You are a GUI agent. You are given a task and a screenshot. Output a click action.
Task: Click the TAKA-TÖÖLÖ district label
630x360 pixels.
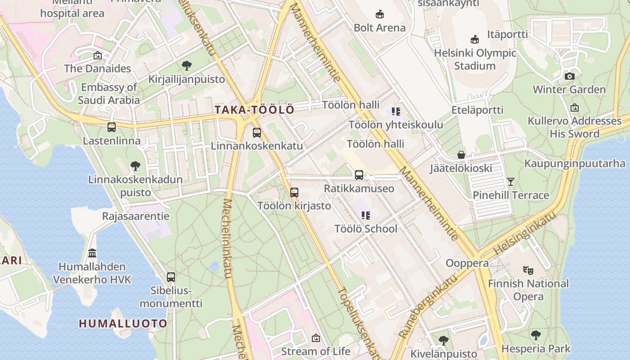tap(254, 110)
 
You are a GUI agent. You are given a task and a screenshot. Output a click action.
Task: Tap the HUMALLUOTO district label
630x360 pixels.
tap(123, 323)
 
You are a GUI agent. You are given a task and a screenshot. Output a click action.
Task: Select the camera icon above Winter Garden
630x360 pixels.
tap(569, 76)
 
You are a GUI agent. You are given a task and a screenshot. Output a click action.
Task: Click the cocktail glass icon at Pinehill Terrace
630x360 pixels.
tap(510, 182)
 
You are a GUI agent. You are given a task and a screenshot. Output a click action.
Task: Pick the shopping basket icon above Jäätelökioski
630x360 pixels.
tap(461, 155)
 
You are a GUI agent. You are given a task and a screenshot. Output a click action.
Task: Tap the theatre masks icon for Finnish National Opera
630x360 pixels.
tap(528, 270)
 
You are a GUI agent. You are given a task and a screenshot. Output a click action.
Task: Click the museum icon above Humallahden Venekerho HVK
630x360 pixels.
tap(92, 253)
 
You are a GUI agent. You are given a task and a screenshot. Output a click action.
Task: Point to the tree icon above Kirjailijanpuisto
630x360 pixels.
tap(186, 66)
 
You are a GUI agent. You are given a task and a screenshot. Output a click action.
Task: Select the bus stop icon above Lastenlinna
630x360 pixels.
tap(112, 127)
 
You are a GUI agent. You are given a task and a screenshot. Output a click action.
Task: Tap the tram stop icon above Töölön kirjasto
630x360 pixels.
tap(294, 193)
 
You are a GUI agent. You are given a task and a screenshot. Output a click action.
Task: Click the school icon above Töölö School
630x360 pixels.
tap(365, 216)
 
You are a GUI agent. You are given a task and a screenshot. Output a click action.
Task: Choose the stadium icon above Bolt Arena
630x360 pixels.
tap(379, 14)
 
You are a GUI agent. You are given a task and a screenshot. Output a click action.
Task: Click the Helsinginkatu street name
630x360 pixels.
tap(524, 234)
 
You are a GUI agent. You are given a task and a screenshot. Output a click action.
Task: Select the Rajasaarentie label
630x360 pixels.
tap(135, 216)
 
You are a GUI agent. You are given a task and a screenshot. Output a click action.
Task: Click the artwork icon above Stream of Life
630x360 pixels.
tap(315, 337)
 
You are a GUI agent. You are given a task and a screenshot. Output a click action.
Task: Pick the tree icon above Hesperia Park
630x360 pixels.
tap(535, 335)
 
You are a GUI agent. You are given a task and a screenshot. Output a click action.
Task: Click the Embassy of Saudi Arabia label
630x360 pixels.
tap(108, 94)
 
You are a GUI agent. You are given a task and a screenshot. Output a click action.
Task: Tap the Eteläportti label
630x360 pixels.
tap(477, 110)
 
